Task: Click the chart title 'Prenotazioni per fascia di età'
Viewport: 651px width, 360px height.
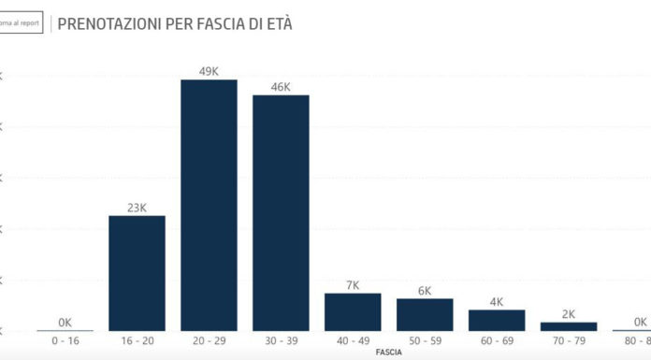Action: (x=175, y=23)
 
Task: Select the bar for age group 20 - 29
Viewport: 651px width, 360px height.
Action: (x=209, y=206)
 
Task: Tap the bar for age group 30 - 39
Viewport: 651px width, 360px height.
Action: (x=281, y=213)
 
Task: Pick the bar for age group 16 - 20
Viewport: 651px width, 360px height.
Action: (x=137, y=273)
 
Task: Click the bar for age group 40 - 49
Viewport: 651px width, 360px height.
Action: (x=353, y=312)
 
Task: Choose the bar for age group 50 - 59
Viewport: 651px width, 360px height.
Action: (x=425, y=315)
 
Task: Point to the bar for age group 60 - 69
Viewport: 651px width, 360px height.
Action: (x=497, y=320)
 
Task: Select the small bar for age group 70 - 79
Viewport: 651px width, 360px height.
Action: (x=569, y=326)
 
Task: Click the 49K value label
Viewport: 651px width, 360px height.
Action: (x=209, y=71)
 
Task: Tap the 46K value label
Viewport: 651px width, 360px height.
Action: (x=281, y=86)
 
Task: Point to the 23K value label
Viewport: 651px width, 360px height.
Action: (x=137, y=208)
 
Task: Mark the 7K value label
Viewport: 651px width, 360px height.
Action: (x=353, y=284)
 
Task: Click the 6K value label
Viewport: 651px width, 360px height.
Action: (x=425, y=291)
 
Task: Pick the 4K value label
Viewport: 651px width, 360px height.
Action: (x=497, y=301)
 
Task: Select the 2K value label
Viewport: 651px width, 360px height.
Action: (x=569, y=313)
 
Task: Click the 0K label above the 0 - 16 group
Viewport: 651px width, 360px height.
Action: (x=65, y=322)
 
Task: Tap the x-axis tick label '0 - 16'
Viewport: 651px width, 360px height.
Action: (x=65, y=343)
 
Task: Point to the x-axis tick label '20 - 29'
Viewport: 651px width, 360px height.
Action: (x=209, y=343)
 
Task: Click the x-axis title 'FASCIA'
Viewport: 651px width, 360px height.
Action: (x=389, y=354)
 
